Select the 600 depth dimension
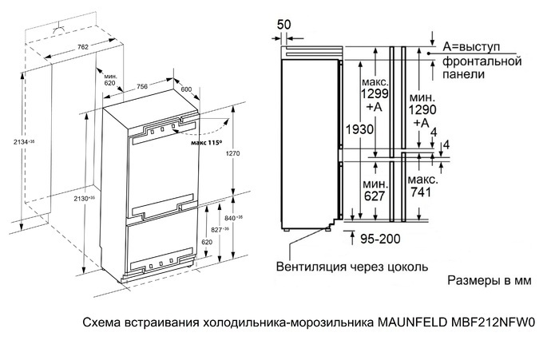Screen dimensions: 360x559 point(187,89)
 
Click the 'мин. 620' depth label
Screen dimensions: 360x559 point(109,78)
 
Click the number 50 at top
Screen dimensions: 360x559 point(283,24)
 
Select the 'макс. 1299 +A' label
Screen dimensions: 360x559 point(375,94)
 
